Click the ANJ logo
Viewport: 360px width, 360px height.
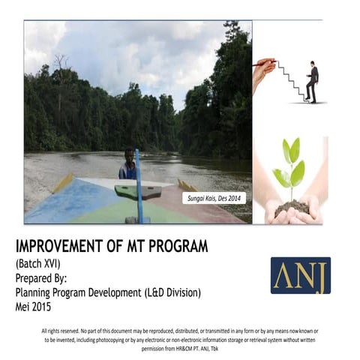click(x=300, y=275)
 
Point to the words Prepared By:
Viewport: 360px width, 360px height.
click(x=45, y=277)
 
